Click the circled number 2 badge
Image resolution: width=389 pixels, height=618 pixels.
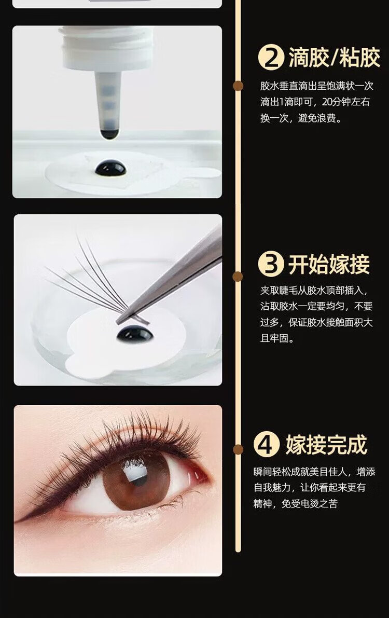click(271, 58)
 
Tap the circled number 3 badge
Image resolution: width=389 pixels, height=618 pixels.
click(271, 264)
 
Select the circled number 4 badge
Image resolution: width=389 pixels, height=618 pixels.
click(267, 445)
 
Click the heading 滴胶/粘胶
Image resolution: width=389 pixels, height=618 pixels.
click(334, 58)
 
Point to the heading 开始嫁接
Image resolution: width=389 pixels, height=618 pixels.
click(329, 264)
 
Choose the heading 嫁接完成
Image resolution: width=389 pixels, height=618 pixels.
click(326, 445)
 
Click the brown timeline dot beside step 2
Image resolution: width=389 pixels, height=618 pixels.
click(238, 86)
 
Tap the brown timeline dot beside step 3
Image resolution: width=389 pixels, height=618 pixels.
click(238, 276)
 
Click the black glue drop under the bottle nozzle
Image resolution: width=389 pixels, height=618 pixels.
click(111, 168)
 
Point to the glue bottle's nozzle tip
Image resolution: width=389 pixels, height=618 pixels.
click(109, 133)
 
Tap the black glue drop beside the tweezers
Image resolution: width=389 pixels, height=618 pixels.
click(135, 335)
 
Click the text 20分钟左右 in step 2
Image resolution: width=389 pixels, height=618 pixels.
click(346, 102)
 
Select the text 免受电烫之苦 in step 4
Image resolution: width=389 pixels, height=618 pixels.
click(310, 504)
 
